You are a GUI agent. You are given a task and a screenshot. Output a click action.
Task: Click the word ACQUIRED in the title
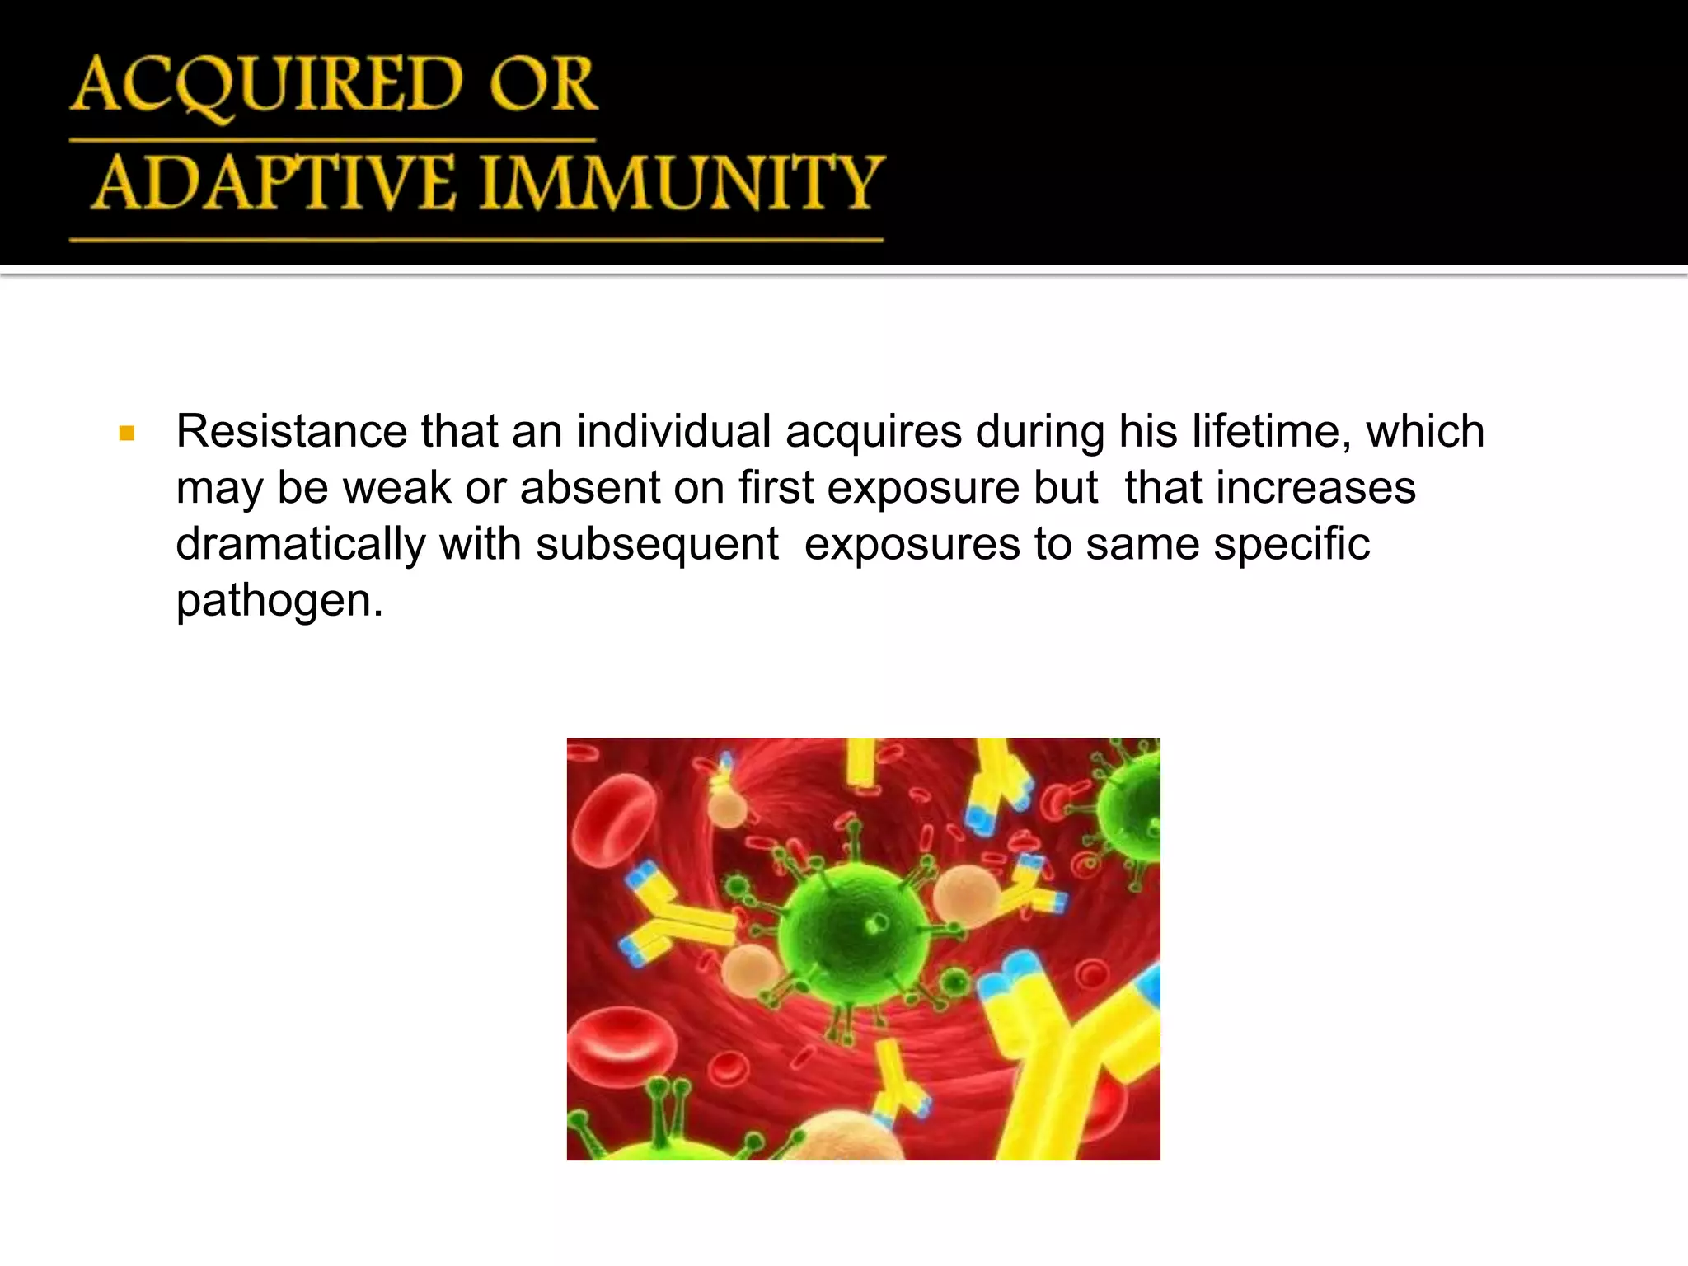coord(269,85)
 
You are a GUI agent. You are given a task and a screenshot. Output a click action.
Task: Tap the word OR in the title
coord(543,85)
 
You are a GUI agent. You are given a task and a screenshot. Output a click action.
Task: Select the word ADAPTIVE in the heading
coord(274,183)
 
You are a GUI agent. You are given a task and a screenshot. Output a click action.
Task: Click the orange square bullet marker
coord(126,433)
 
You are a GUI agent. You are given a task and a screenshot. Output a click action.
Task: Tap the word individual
coord(673,431)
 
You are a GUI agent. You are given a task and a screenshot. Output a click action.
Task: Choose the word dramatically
coord(300,544)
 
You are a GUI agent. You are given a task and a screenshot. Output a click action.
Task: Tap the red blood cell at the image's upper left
coord(614,820)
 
